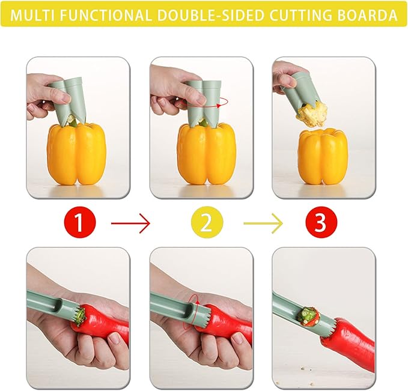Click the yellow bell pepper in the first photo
(76, 153)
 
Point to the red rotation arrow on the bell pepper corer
(222, 103)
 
